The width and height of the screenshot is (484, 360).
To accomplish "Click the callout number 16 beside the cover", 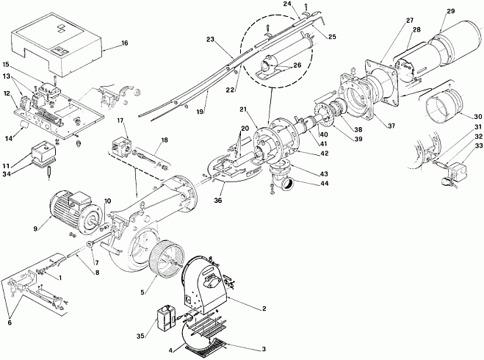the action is [x=125, y=43].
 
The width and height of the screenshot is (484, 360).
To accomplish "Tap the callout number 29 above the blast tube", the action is [x=451, y=11].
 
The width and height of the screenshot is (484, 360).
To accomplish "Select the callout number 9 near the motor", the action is [x=35, y=228].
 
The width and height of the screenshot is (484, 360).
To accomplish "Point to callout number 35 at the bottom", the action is [x=140, y=336].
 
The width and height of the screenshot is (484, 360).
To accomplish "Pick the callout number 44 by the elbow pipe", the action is [x=325, y=184].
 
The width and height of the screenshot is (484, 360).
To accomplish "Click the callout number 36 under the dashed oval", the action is [x=218, y=201].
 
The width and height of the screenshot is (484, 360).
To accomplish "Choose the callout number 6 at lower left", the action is [x=10, y=323].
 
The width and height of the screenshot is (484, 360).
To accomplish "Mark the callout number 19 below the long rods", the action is [x=200, y=112].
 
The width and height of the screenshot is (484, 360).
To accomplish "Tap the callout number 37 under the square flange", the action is [x=391, y=126].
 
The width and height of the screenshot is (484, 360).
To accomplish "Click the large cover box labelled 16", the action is [x=57, y=44].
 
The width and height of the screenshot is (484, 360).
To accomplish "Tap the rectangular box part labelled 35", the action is [x=165, y=318].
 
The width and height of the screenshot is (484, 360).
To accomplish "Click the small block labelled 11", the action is [x=43, y=151].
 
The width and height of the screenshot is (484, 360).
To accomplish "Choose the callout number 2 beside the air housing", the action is [x=264, y=309].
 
